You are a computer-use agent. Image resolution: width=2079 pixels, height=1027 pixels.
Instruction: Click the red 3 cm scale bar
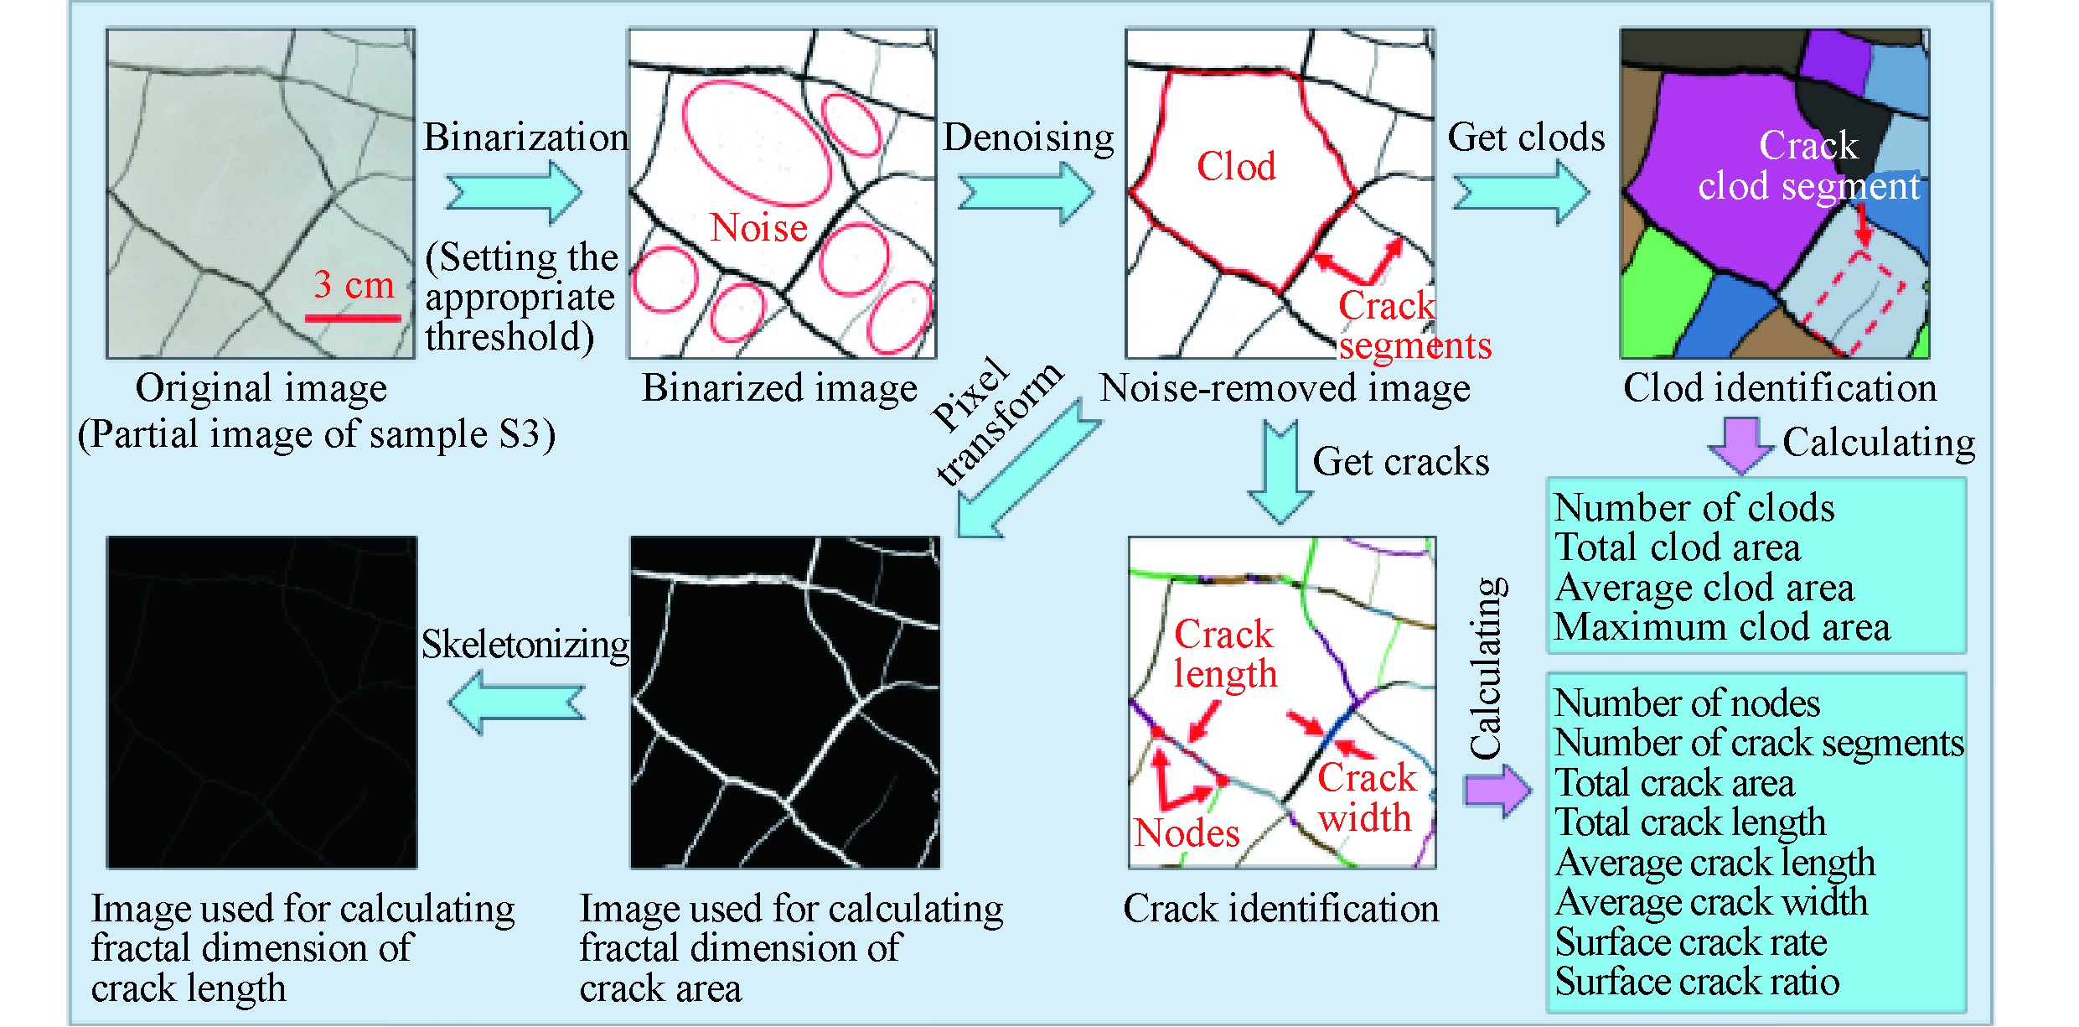coord(353,318)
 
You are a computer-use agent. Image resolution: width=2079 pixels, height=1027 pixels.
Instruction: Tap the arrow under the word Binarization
coord(513,192)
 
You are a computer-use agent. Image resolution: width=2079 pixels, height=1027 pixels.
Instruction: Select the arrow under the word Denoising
coord(1025,193)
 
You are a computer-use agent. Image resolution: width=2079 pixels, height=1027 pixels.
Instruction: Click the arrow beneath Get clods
coord(1520,193)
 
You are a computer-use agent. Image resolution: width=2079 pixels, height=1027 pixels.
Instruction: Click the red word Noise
coord(758,228)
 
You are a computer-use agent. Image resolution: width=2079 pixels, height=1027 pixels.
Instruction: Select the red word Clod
coord(1236,167)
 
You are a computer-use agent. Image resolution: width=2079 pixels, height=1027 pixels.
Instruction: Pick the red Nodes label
coord(1187,833)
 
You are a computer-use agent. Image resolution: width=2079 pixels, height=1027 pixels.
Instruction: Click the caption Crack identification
coord(1280,909)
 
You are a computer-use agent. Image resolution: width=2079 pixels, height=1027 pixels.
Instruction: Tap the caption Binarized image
coord(779,388)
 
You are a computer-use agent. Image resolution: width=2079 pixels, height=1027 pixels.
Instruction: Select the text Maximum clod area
coord(1722,627)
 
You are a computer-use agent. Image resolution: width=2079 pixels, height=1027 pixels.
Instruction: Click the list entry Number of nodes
coord(1687,703)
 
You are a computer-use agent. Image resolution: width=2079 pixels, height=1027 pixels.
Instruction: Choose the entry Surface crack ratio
coord(1697,982)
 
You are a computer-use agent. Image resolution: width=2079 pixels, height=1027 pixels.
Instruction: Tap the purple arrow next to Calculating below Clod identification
coord(1740,444)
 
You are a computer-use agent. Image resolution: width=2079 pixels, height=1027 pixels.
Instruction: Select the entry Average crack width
coord(1711,902)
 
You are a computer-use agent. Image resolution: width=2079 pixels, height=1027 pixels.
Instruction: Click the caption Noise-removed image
coord(1285,388)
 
